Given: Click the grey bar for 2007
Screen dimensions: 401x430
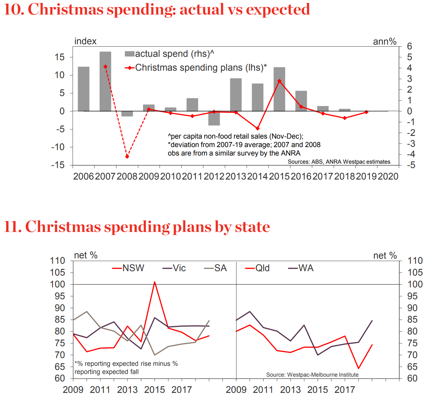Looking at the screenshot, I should [105, 81].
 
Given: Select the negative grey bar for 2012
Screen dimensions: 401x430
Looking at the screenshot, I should [214, 118].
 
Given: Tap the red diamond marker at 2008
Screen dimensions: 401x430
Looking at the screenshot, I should [127, 157].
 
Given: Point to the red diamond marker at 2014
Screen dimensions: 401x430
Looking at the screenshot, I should [258, 128].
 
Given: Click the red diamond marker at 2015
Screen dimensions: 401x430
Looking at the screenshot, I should [279, 81].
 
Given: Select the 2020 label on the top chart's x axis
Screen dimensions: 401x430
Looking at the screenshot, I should [388, 176].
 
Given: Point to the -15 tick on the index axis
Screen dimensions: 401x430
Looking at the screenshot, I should [58, 165].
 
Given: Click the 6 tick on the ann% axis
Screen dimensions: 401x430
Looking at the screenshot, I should [409, 46].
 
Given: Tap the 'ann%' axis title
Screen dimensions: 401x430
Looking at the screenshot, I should [384, 42].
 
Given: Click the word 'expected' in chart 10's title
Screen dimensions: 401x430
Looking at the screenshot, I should [278, 9].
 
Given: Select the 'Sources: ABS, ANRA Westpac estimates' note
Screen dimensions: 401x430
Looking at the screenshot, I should [339, 162].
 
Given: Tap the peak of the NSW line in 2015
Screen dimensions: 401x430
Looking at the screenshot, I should [155, 282].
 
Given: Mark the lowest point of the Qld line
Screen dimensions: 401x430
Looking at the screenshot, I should [358, 369].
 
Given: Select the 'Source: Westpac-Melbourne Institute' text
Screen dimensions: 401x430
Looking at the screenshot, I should [312, 375].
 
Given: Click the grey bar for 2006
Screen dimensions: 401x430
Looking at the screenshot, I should [84, 89].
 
